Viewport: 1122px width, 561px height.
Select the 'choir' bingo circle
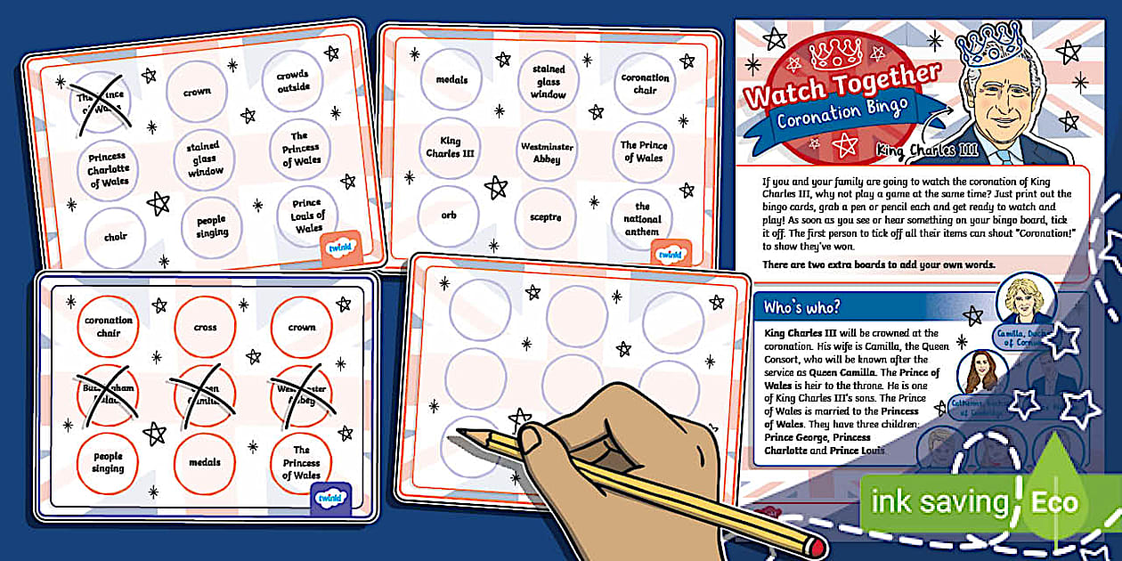(116, 237)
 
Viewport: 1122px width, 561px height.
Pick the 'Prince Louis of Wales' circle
(308, 215)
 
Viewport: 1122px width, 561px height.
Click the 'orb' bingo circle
(449, 215)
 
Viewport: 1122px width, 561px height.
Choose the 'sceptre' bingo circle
(544, 217)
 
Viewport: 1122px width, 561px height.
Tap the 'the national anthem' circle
(642, 219)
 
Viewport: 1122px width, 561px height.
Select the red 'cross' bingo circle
(205, 328)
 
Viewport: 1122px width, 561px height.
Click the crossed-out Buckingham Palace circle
(109, 394)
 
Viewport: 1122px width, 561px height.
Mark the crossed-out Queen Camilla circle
(205, 394)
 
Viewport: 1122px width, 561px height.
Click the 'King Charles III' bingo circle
(450, 147)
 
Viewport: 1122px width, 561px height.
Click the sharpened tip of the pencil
(462, 433)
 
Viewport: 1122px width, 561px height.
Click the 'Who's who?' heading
(802, 308)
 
